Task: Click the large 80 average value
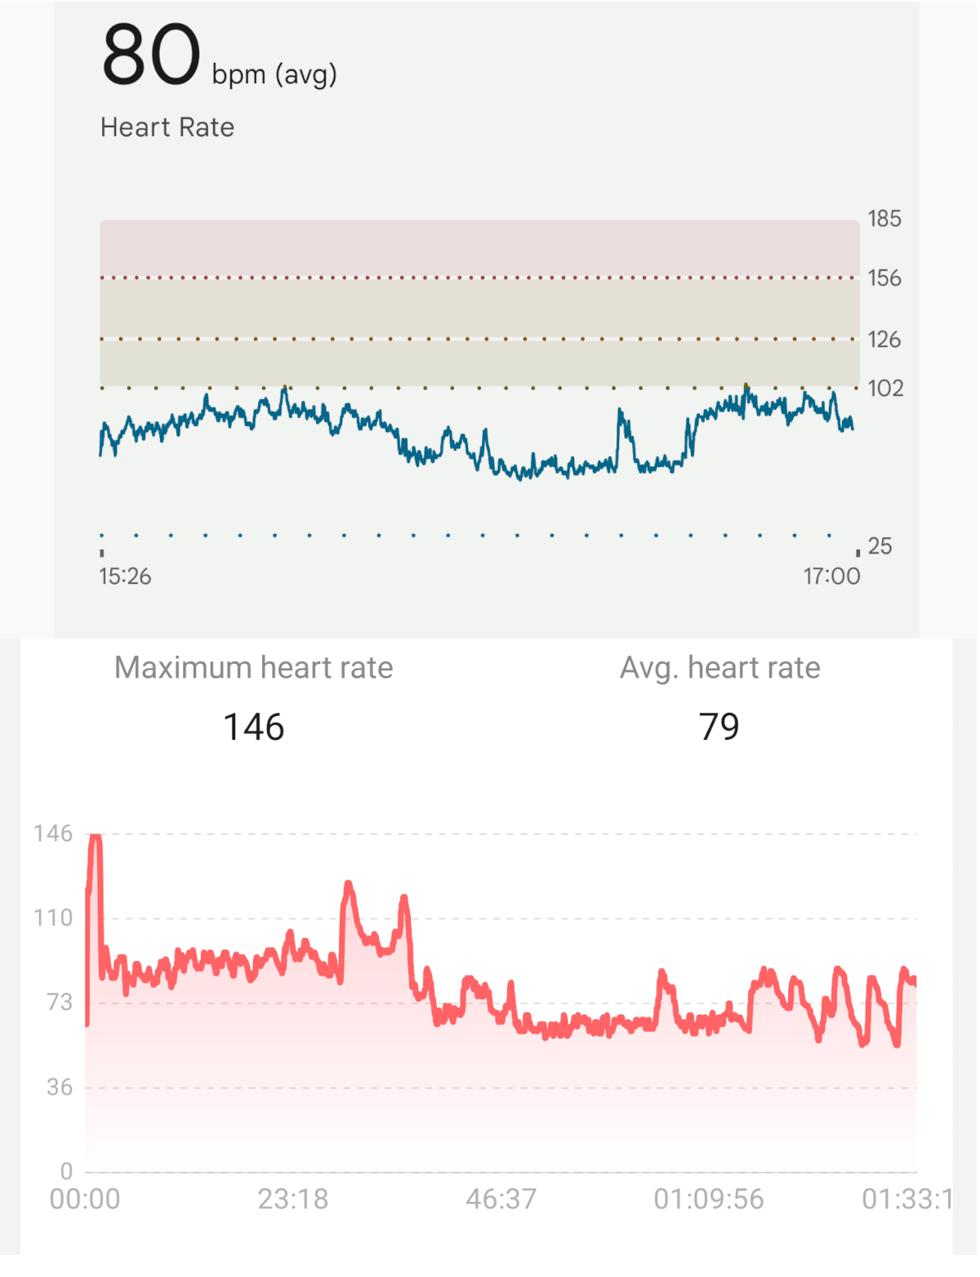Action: click(x=151, y=56)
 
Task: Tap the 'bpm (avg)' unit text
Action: click(x=274, y=75)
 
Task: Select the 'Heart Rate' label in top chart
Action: click(x=167, y=127)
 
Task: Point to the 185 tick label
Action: click(x=884, y=219)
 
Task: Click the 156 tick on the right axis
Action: click(x=884, y=278)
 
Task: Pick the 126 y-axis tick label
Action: click(x=884, y=340)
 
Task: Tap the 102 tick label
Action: click(x=885, y=388)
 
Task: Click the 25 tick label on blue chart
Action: click(x=880, y=545)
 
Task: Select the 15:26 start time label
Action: click(x=125, y=576)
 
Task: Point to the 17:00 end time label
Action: click(x=831, y=576)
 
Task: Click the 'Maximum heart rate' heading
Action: click(x=253, y=668)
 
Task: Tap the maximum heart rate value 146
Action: click(x=253, y=727)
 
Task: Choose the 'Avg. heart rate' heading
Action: click(x=719, y=668)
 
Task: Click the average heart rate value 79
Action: click(x=719, y=727)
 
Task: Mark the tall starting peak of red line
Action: click(x=96, y=841)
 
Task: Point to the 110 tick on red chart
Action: click(x=53, y=919)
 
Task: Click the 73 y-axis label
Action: click(x=60, y=1003)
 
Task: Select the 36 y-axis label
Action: click(x=60, y=1088)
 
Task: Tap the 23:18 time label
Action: click(x=292, y=1199)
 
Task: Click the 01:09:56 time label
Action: click(x=708, y=1199)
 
